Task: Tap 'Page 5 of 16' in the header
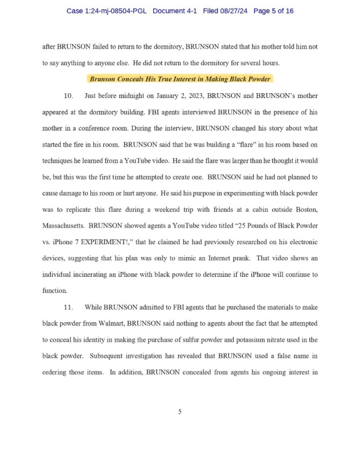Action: pyautogui.click(x=273, y=11)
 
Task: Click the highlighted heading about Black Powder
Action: pyautogui.click(x=180, y=79)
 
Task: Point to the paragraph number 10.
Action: pyautogui.click(x=68, y=96)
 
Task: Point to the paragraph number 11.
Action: pyautogui.click(x=68, y=307)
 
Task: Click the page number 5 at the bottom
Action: pyautogui.click(x=180, y=412)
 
